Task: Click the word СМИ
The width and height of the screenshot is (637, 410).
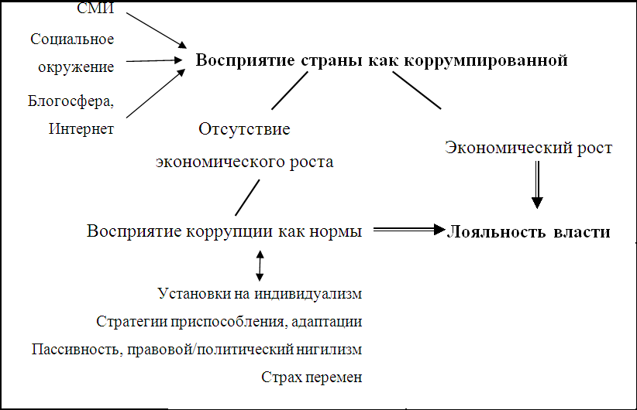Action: pyautogui.click(x=95, y=8)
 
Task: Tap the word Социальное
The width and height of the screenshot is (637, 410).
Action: pyautogui.click(x=72, y=39)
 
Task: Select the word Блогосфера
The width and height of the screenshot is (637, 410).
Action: pyautogui.click(x=71, y=101)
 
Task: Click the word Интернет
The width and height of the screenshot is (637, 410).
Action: pyautogui.click(x=81, y=128)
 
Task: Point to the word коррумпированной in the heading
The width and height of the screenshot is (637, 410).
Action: pyautogui.click(x=486, y=60)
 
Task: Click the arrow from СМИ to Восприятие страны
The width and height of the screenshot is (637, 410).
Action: pyautogui.click(x=157, y=30)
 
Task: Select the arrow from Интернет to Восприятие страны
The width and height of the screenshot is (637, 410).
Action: pyautogui.click(x=156, y=94)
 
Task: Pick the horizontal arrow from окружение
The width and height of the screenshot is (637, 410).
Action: pyautogui.click(x=154, y=61)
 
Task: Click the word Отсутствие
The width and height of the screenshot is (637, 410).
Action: pyautogui.click(x=244, y=129)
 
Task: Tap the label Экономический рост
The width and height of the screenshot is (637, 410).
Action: pyautogui.click(x=529, y=148)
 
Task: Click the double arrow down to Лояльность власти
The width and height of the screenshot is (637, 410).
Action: pyautogui.click(x=537, y=185)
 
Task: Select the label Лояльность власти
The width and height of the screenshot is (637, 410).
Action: pyautogui.click(x=529, y=231)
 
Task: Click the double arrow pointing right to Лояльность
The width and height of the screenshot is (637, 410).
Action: pyautogui.click(x=409, y=230)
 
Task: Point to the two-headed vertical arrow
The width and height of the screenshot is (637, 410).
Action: pyautogui.click(x=260, y=265)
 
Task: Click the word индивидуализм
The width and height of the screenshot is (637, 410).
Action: pyautogui.click(x=308, y=294)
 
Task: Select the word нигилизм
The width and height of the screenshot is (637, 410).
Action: pyautogui.click(x=329, y=349)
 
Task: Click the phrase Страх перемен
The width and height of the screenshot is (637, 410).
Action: pyautogui.click(x=312, y=378)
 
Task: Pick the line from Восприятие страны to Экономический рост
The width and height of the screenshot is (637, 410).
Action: pyautogui.click(x=416, y=91)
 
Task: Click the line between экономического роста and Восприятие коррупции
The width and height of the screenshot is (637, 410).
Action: pyautogui.click(x=247, y=197)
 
